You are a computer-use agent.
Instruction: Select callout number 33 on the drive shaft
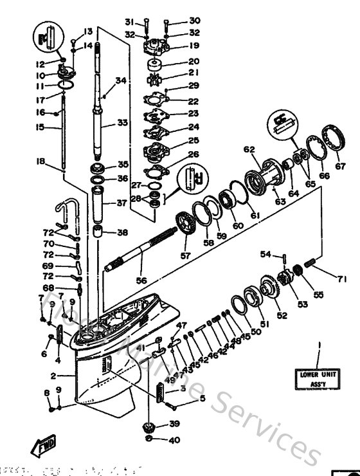click(122, 122)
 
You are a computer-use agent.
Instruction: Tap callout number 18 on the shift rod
click(40, 163)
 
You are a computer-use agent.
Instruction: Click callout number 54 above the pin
click(265, 255)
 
